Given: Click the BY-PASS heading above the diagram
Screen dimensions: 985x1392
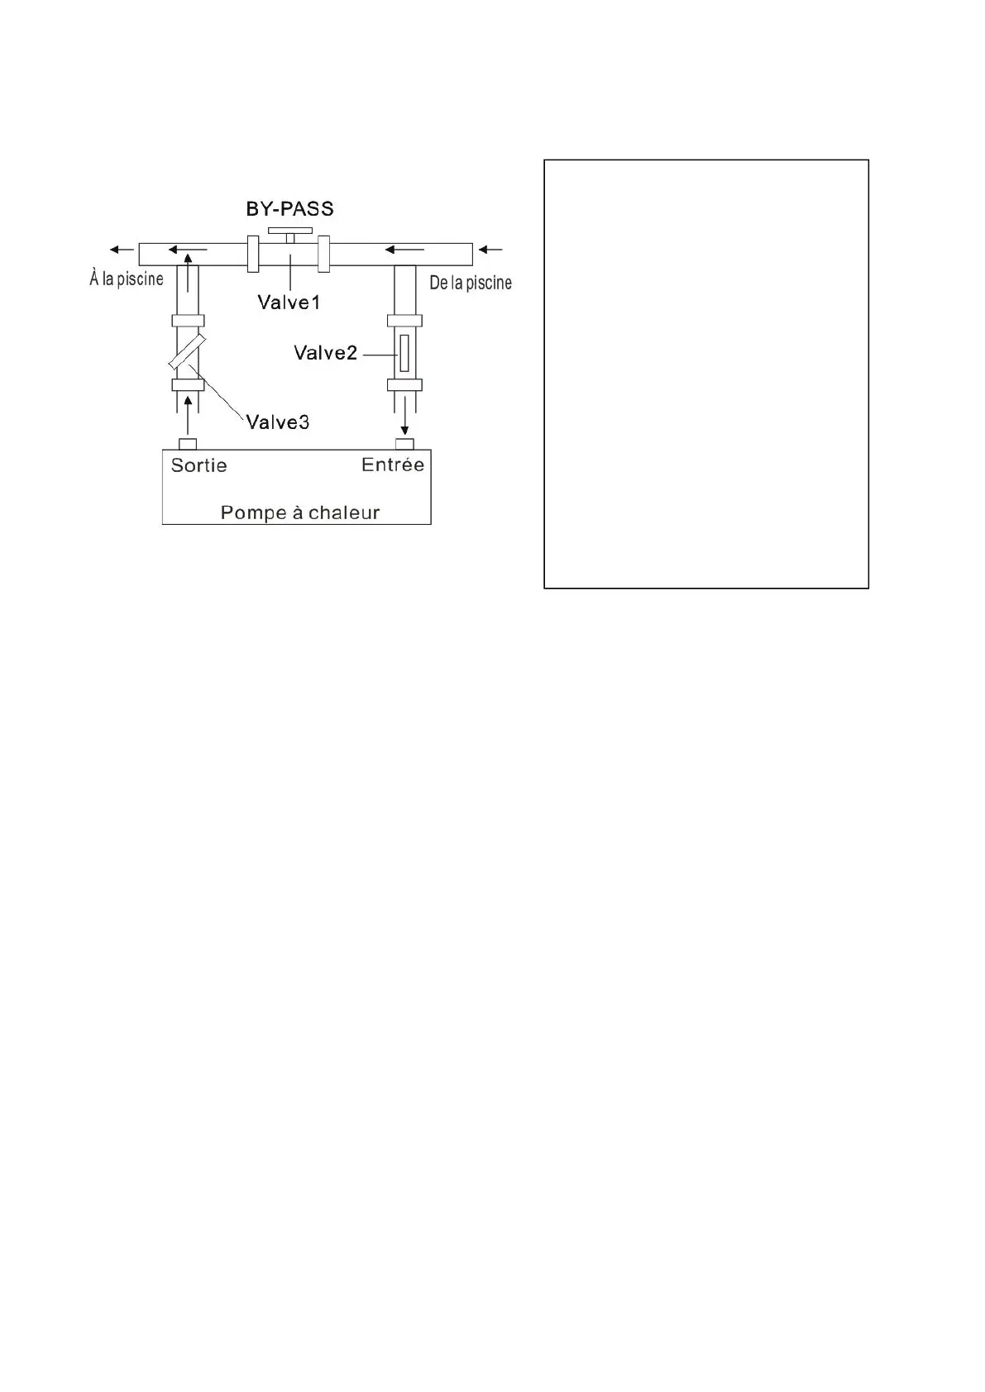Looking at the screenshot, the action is point(289,208).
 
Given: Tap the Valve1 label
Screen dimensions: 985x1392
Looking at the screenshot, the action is point(289,303).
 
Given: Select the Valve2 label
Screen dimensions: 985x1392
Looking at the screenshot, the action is point(325,354).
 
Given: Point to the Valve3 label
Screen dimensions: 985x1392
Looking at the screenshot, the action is point(278,422).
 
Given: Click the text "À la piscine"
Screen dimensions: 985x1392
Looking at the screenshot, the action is point(127,279).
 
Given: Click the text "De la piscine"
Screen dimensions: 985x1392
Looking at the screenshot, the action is point(471,283).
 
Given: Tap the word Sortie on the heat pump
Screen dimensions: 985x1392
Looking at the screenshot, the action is point(198,465).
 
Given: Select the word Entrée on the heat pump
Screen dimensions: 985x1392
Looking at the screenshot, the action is point(393,465).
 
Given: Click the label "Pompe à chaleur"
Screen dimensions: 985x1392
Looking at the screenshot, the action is point(299,512).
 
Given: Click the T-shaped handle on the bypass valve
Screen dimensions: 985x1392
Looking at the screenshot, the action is point(289,231).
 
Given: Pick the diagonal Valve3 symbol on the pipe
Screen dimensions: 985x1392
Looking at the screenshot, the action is point(187,352).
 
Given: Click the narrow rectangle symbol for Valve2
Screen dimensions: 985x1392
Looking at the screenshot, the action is point(404,353).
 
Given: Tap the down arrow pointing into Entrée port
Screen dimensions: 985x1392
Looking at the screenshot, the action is point(404,417).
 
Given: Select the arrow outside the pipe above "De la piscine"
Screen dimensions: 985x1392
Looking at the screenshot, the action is point(490,249).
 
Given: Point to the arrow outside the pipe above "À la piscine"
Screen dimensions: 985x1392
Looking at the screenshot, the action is point(122,249).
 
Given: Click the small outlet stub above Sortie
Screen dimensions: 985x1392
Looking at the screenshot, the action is point(188,444).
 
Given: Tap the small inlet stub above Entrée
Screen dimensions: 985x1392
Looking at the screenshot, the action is point(404,444).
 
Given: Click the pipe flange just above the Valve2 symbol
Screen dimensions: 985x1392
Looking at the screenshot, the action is point(404,321).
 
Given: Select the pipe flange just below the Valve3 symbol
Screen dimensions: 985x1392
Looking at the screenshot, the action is point(188,385).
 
